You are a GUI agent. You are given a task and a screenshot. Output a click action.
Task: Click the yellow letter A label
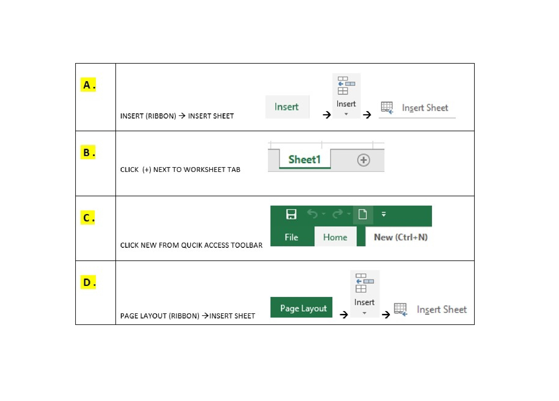pos(88,85)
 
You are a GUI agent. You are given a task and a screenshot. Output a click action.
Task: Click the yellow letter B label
pos(88,152)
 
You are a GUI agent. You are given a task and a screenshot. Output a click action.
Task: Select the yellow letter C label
pos(88,217)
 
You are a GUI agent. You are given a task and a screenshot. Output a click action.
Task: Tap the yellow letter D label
pos(88,282)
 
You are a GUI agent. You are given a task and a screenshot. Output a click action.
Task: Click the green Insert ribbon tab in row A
pos(287,107)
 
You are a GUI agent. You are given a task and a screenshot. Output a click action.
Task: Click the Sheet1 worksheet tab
pos(305,159)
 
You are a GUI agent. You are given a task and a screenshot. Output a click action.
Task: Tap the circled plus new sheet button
pos(364,160)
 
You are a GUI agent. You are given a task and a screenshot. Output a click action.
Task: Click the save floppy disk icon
pos(291,214)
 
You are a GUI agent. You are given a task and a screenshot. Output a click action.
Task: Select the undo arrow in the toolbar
pos(312,214)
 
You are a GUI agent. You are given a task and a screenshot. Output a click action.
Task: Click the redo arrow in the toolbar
pos(338,214)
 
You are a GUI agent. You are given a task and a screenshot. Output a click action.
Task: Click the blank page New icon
pos(363,214)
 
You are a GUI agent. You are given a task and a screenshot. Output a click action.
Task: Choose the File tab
pos(291,237)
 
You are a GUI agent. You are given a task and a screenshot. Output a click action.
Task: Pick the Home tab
pos(335,237)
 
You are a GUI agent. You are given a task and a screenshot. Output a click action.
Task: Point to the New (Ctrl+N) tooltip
pos(400,237)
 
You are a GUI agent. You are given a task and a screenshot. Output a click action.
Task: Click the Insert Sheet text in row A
pos(425,108)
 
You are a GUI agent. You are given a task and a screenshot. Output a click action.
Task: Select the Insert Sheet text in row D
pos(442,309)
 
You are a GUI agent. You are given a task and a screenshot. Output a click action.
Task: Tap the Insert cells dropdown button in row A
pos(346,96)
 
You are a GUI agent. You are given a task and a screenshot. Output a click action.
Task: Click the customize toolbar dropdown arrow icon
pos(384,214)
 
